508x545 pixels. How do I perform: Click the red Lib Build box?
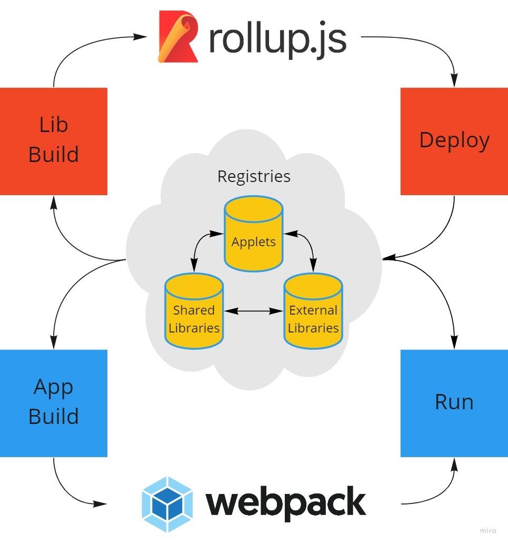point(53,141)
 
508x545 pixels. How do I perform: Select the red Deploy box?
point(454,141)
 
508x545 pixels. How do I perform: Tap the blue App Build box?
point(53,403)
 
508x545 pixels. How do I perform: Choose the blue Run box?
point(454,403)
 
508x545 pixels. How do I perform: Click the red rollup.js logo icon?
point(178,37)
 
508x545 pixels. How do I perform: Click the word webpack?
point(286,503)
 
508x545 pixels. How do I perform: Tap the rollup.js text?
point(277,39)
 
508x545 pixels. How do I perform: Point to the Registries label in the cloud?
point(254,176)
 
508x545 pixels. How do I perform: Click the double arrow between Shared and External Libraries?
point(254,311)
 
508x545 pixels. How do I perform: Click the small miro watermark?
point(488,531)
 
